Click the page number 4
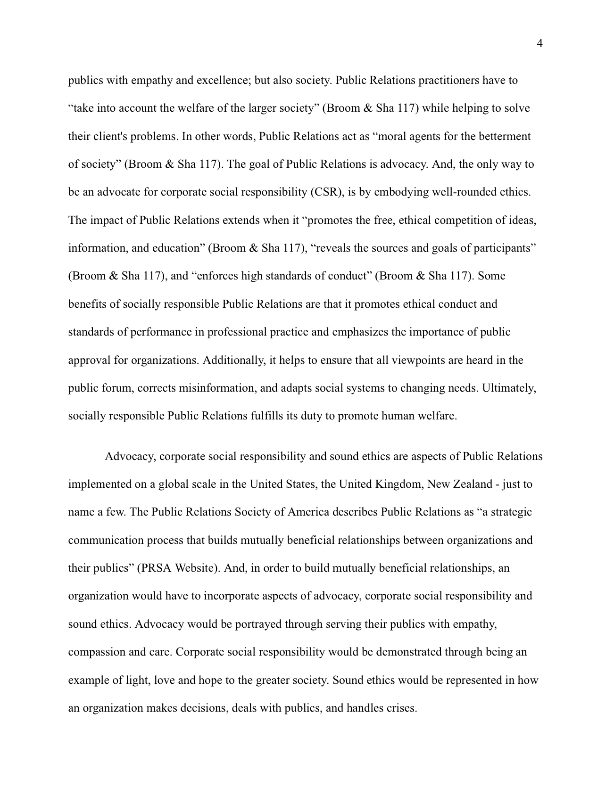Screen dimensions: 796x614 pyautogui.click(x=539, y=44)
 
